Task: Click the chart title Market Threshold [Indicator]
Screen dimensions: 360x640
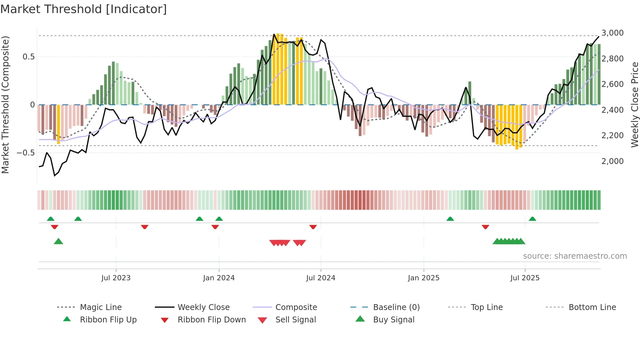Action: pyautogui.click(x=84, y=9)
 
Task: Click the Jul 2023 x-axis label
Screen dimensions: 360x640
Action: pyautogui.click(x=116, y=278)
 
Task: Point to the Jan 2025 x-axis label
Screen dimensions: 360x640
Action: pyautogui.click(x=424, y=278)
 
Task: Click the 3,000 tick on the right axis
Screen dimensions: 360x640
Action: pyautogui.click(x=612, y=33)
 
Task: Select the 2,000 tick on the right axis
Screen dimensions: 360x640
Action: pyautogui.click(x=612, y=161)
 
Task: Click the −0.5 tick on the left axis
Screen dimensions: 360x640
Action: pyautogui.click(x=25, y=153)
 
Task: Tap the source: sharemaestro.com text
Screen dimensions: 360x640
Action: pyautogui.click(x=575, y=256)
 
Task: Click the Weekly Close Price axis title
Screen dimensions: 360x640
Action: pyautogui.click(x=634, y=105)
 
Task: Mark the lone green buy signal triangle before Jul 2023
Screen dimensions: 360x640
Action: pyautogui.click(x=58, y=241)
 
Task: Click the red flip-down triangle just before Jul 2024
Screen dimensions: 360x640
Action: pyautogui.click(x=313, y=227)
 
